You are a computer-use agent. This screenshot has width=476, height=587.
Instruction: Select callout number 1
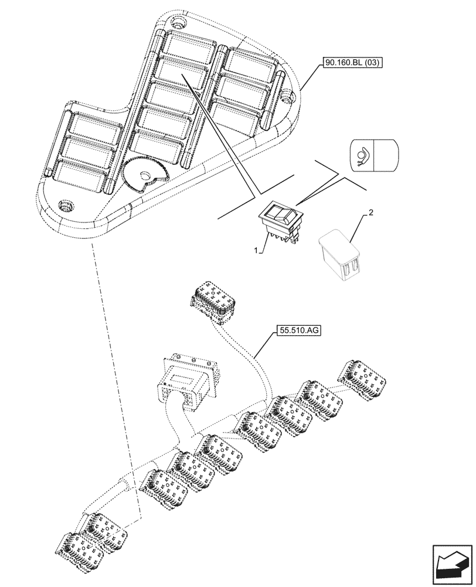click(x=256, y=250)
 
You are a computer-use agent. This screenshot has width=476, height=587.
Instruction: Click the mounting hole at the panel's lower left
click(x=66, y=205)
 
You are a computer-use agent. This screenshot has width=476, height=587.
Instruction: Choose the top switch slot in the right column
click(x=247, y=61)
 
